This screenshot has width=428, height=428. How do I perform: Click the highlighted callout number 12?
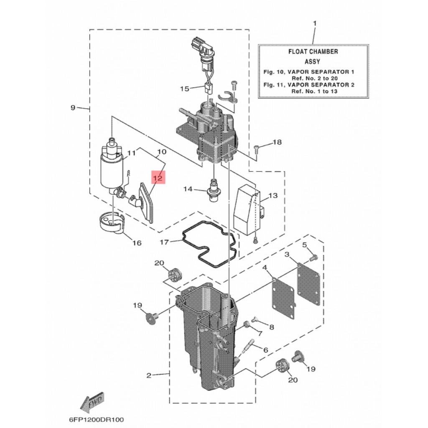pyautogui.click(x=158, y=178)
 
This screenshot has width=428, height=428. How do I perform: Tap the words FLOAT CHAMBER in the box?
pyautogui.click(x=313, y=51)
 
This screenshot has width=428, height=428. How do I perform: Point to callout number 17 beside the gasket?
pyautogui.click(x=164, y=242)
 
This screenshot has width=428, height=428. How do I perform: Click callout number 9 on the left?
pyautogui.click(x=73, y=107)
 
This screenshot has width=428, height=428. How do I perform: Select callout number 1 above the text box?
pyautogui.click(x=315, y=23)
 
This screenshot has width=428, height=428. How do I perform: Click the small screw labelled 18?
pyautogui.click(x=257, y=148)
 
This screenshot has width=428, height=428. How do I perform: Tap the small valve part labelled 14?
pyautogui.click(x=213, y=191)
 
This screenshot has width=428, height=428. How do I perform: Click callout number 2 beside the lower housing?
pyautogui.click(x=149, y=375)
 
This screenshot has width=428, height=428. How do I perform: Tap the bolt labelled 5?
pyautogui.click(x=314, y=257)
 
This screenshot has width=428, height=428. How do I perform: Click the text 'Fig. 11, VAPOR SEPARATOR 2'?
pyautogui.click(x=309, y=85)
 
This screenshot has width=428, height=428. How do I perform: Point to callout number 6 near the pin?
pyautogui.click(x=265, y=350)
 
